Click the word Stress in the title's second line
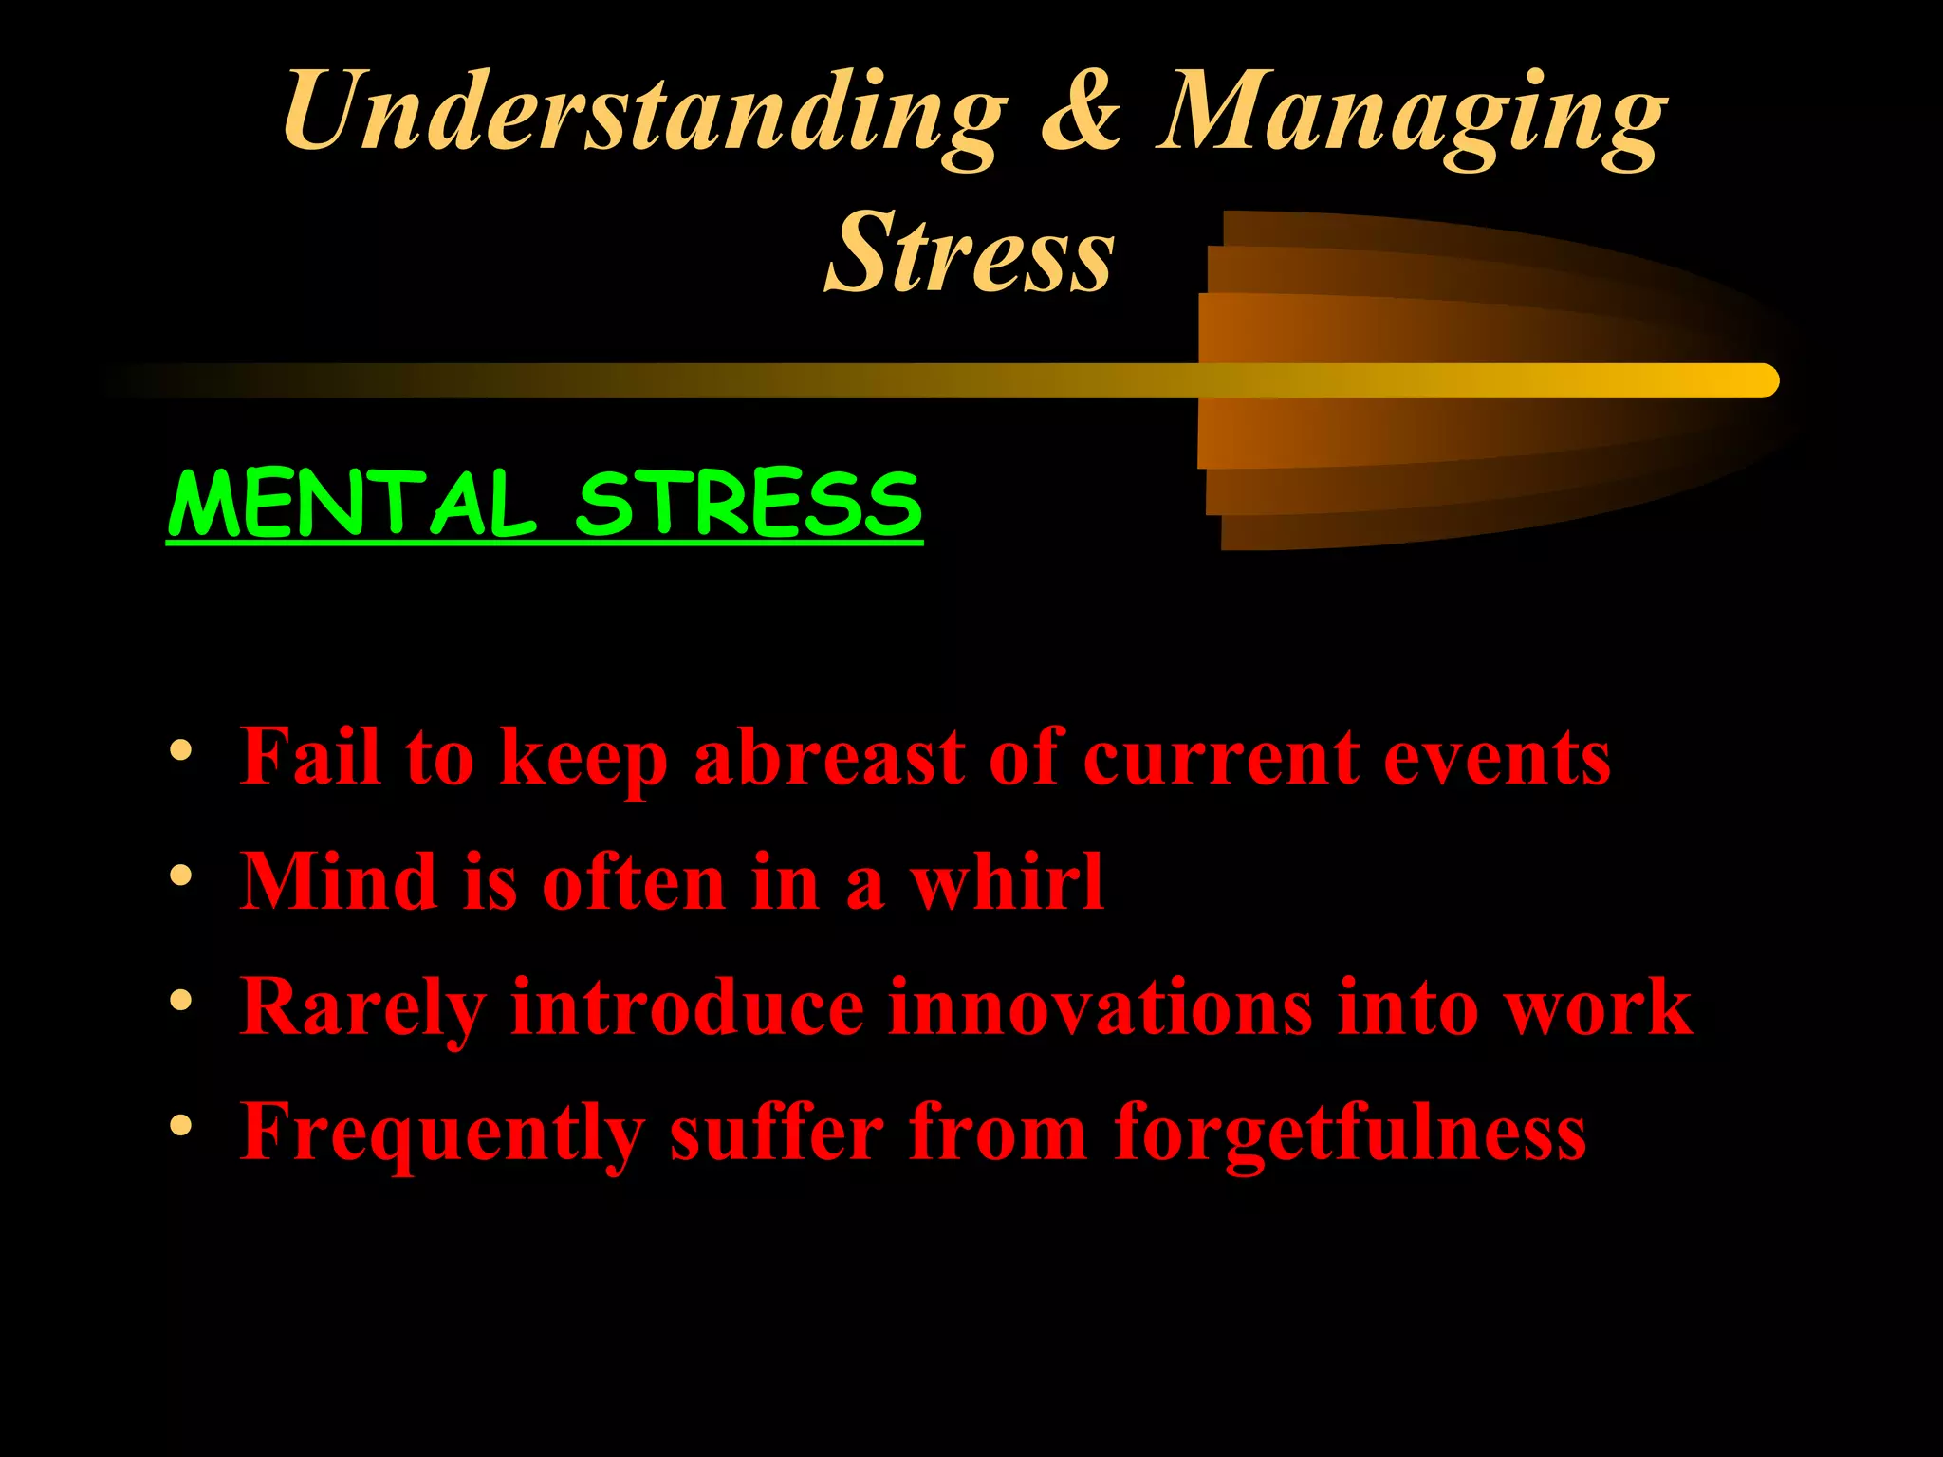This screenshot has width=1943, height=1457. coord(970,252)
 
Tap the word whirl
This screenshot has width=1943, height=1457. coord(1007,882)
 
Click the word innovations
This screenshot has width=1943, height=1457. coord(1101,1006)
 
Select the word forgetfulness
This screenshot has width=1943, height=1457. coord(1349,1133)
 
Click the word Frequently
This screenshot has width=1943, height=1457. coord(443,1134)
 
